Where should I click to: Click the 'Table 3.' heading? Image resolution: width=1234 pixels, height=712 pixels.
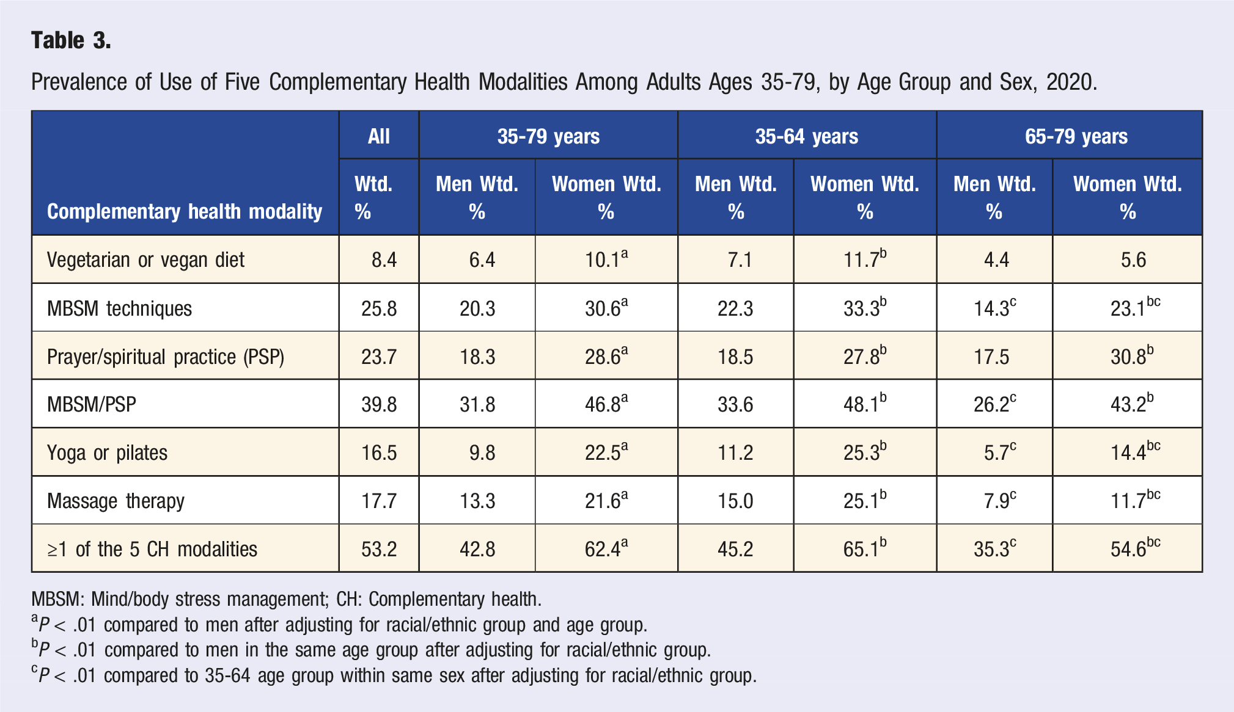coord(71,40)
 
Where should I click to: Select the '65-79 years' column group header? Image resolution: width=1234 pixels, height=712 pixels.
coord(1076,136)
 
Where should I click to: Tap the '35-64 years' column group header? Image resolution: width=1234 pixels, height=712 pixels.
coord(806,136)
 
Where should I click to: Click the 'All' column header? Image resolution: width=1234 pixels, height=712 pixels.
coord(379,136)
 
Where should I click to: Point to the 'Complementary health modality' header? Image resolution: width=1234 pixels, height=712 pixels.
coord(185,211)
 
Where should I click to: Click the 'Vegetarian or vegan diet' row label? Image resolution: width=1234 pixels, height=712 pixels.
coord(145,260)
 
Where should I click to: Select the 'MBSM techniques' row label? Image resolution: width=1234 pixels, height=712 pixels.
coord(119,308)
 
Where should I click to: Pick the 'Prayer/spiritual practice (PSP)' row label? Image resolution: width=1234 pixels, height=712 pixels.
coord(166,357)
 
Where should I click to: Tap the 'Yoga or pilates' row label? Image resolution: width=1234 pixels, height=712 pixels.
coord(107,452)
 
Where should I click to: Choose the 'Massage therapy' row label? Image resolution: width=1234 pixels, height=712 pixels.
coord(116,501)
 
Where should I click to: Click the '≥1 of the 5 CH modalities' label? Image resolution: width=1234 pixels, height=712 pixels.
coord(152,549)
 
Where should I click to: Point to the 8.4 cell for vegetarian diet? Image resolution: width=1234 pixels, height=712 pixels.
coord(384,260)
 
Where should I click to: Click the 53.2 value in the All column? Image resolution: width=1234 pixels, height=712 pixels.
coord(379,549)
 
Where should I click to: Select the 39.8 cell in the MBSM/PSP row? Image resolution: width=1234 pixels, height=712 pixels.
coord(379,405)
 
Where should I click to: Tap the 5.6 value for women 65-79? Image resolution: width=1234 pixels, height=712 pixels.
coord(1133,260)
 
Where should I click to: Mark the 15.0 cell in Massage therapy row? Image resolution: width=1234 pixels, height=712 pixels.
coord(735,501)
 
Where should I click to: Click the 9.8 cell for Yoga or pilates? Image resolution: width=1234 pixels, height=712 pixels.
coord(482,453)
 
